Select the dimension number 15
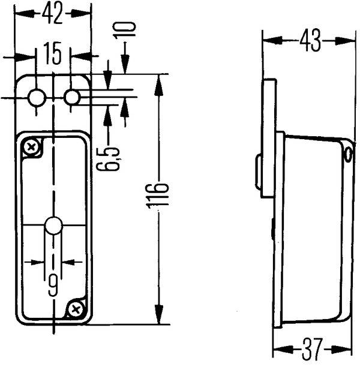pos(53,56)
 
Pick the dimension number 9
pos(53,284)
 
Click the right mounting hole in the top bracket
pos(72,96)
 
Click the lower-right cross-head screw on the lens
pos(75,309)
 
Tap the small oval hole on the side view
pos(347,154)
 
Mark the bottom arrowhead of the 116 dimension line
pos(159,315)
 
